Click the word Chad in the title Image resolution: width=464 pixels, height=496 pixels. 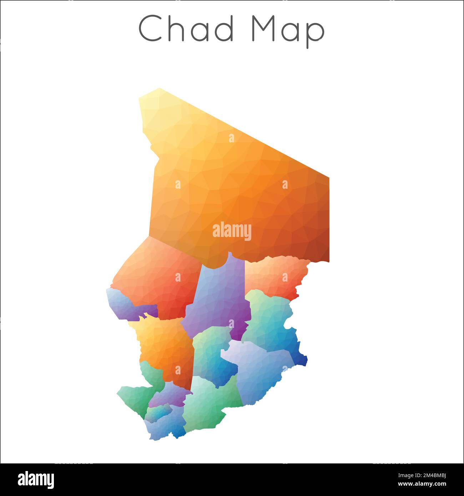(186, 29)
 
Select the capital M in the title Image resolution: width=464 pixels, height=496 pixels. (264, 29)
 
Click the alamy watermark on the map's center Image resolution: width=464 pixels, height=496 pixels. (232, 231)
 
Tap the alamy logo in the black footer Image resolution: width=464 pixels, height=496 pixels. (36, 480)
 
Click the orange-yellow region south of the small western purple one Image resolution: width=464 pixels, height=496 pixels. (164, 346)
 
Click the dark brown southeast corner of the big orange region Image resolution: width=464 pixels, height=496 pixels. (319, 250)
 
